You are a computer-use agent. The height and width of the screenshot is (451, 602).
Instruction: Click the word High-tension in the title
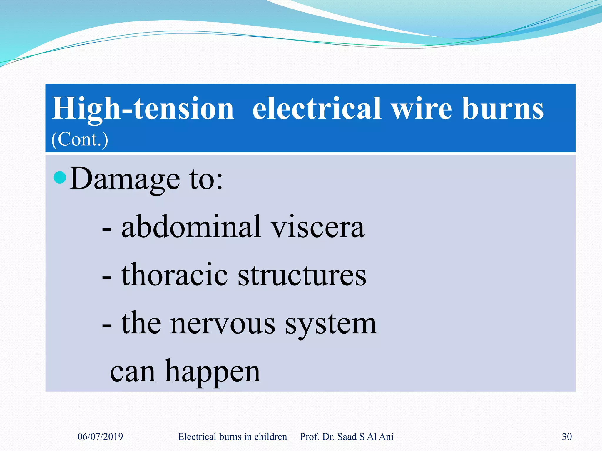click(143, 109)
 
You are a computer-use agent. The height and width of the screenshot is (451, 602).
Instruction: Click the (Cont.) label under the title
click(80, 139)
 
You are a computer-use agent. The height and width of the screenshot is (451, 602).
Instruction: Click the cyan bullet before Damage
click(60, 177)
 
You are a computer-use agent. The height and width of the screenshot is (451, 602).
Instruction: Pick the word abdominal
click(191, 227)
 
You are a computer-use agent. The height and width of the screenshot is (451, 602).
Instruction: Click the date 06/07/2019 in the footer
click(100, 437)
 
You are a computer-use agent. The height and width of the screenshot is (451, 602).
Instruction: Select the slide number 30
click(567, 437)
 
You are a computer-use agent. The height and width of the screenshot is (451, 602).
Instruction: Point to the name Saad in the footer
click(347, 437)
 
